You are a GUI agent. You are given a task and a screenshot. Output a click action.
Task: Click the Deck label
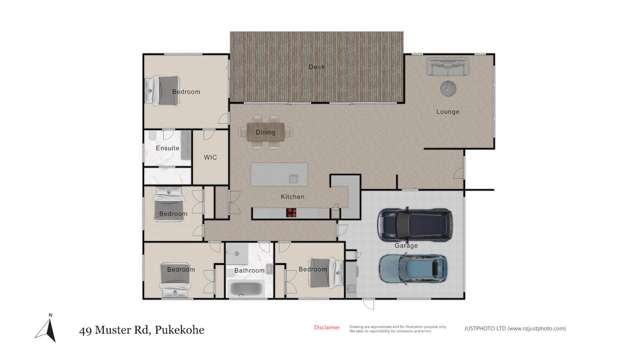click(x=316, y=67)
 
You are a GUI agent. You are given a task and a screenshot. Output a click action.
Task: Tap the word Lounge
click(x=447, y=111)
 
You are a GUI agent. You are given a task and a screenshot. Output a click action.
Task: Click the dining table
click(x=265, y=131)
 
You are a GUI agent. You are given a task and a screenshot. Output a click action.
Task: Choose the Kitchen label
click(x=292, y=196)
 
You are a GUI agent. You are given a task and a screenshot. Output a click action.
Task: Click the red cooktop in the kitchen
click(x=292, y=211)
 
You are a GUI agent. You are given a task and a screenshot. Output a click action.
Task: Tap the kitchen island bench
click(x=279, y=175)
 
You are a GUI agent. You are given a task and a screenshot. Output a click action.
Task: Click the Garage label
click(x=406, y=245)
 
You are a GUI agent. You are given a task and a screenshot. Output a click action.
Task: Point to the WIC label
click(x=211, y=157)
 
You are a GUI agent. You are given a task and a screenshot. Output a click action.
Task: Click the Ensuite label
click(x=167, y=148)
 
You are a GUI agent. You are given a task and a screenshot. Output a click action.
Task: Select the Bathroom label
click(x=249, y=270)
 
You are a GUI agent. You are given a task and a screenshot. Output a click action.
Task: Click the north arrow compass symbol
click(x=46, y=326)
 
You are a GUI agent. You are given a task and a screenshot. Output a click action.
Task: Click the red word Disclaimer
click(x=326, y=327)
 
